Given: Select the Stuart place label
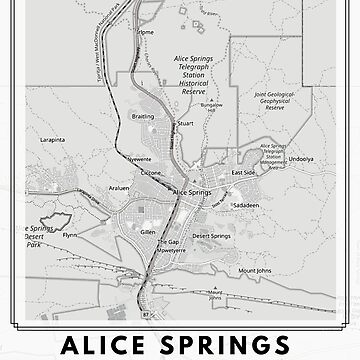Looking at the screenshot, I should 184,153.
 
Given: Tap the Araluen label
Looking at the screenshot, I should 121,187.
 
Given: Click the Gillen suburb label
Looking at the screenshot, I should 149,231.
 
